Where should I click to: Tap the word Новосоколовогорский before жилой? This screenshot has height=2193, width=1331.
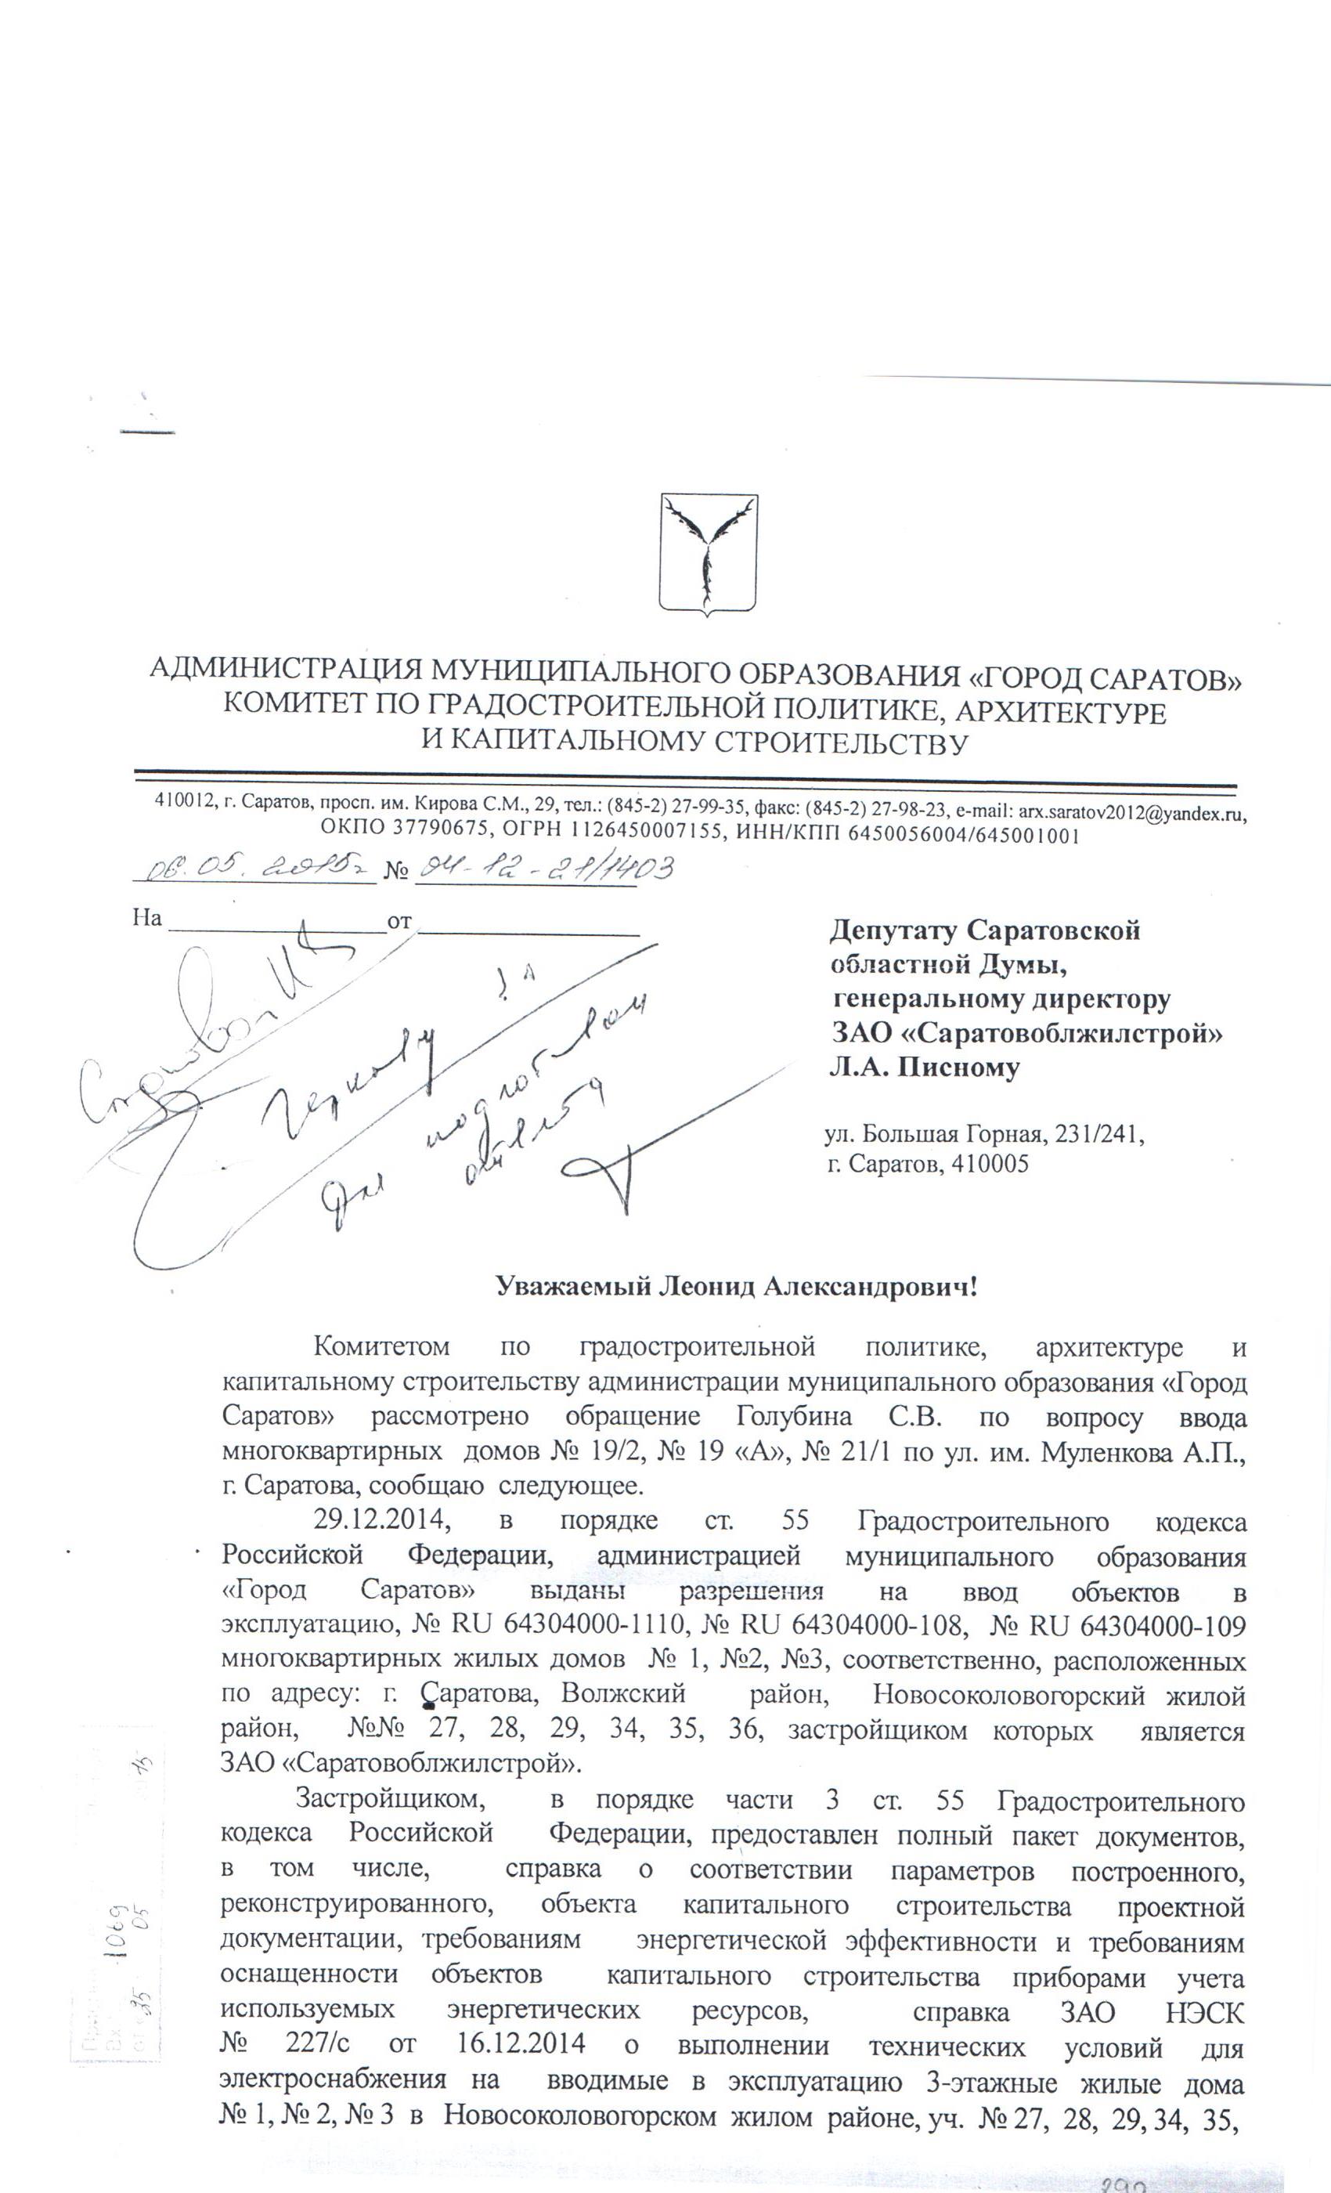[1009, 1696]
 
